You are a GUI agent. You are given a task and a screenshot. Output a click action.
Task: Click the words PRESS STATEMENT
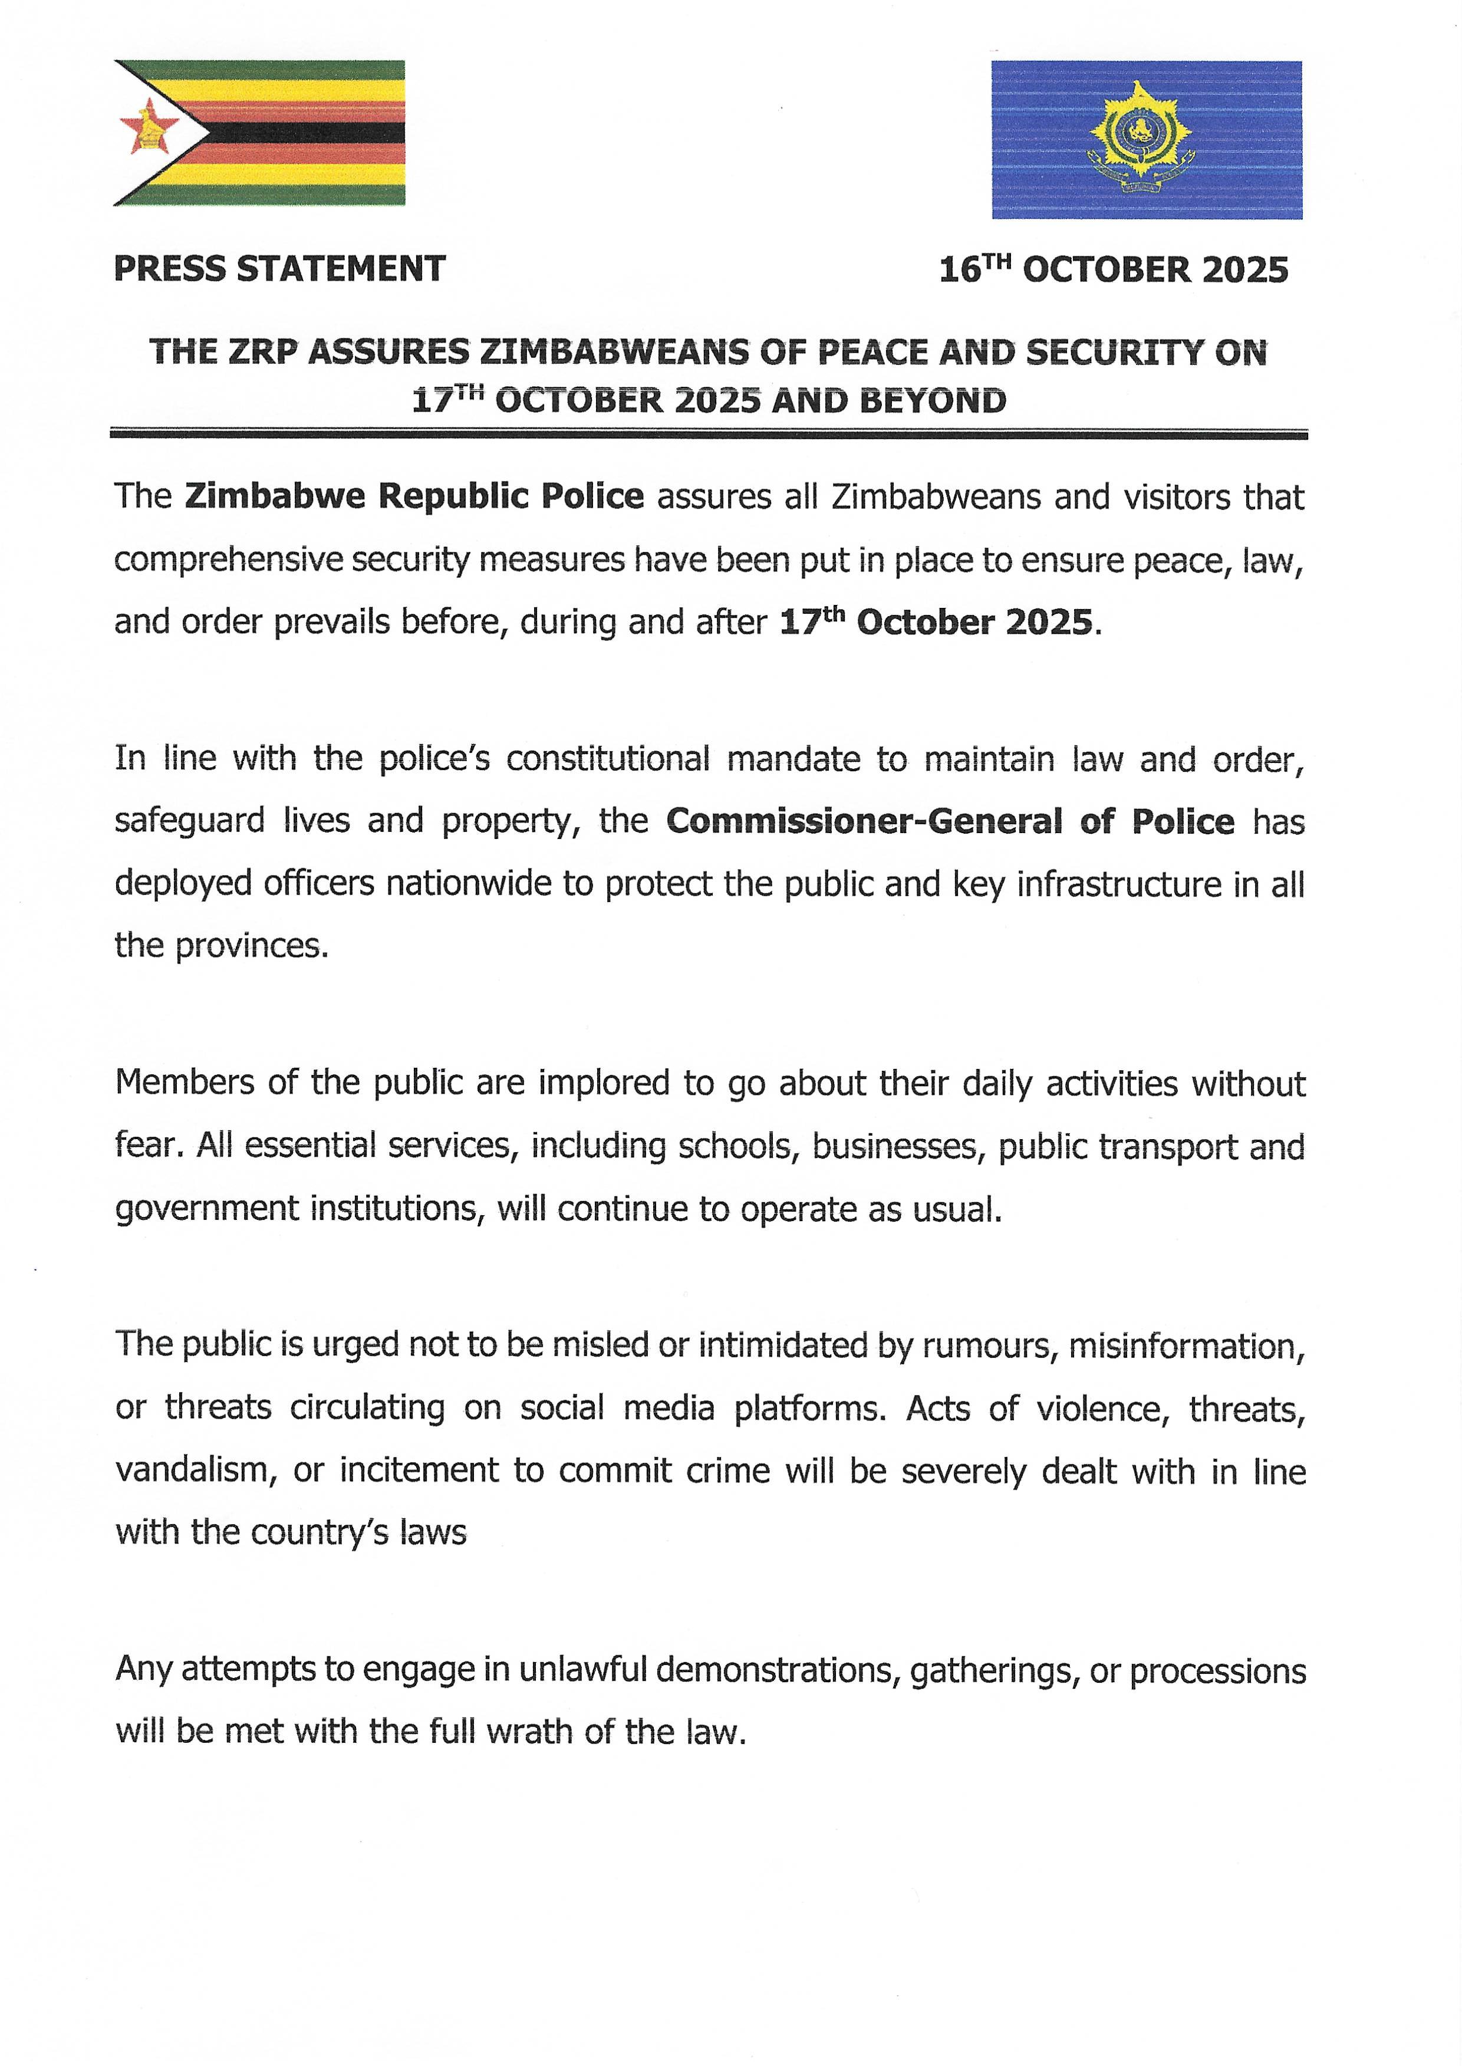point(279,268)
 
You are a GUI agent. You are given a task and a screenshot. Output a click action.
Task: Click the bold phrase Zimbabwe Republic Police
point(414,496)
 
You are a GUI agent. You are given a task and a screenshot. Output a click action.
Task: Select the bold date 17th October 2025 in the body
point(936,622)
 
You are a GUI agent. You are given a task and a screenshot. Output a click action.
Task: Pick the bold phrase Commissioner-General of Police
point(950,821)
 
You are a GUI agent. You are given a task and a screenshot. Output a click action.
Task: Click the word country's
point(320,1532)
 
